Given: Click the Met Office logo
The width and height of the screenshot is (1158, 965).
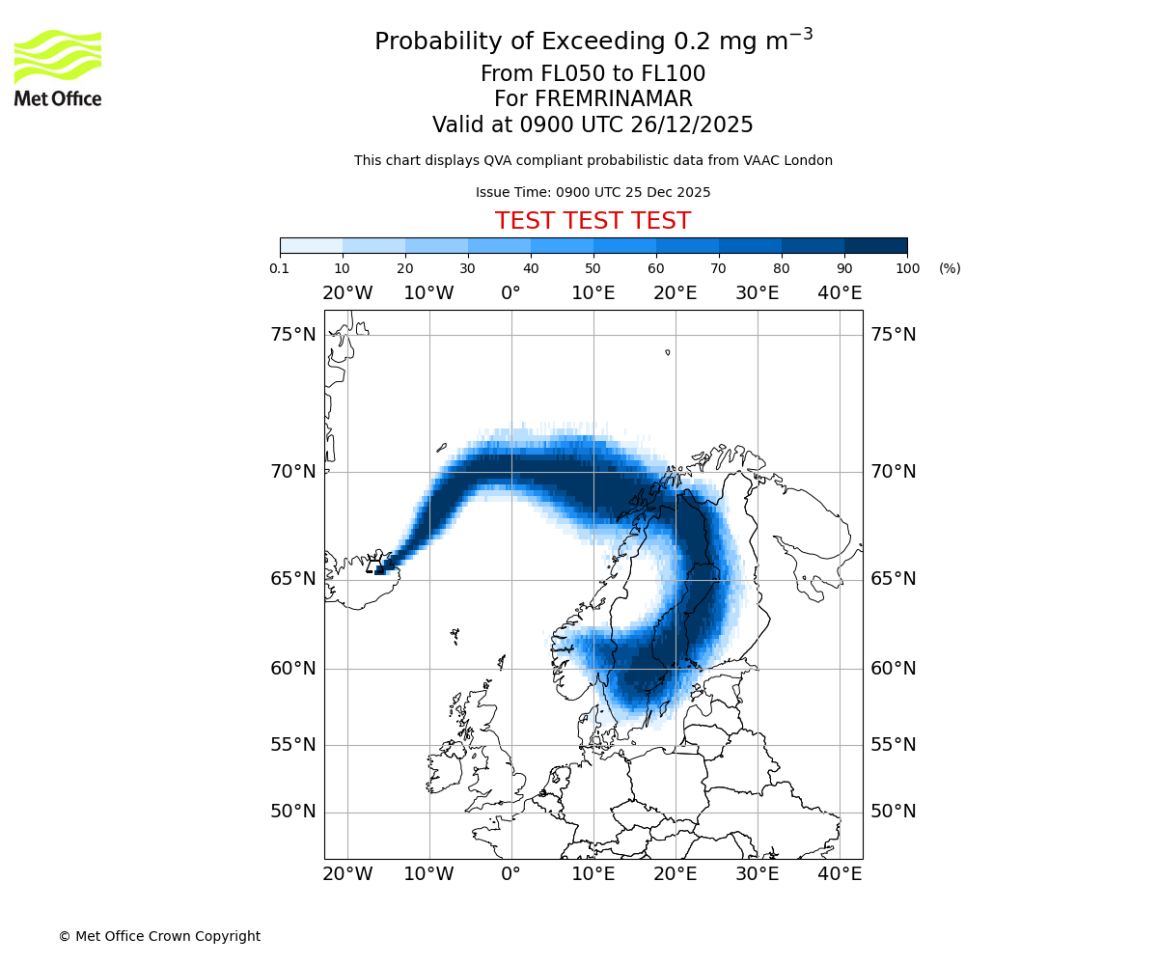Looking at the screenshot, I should coord(58,68).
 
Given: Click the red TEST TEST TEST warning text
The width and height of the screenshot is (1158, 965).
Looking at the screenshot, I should coord(593,221).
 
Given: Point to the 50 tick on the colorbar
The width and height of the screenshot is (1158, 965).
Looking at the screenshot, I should coord(593,268).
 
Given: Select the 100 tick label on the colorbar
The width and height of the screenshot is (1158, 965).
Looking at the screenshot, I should coord(907,268).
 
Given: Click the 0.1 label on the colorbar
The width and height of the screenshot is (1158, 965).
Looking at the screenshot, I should coord(280,268).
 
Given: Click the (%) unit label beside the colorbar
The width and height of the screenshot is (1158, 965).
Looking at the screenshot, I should coord(950,268).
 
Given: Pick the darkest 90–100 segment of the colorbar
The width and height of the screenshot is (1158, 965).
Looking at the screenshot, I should coord(875,245).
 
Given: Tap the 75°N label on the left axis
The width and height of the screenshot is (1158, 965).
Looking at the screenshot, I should coord(293,335).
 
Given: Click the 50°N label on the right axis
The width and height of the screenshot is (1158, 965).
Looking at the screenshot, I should coord(894,812).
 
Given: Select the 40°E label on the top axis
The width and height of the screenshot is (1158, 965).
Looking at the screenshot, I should coord(840,293).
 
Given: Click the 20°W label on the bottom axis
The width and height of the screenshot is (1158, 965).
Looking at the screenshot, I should coord(347,874).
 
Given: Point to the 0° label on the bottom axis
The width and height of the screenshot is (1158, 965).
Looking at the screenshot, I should coord(511,874).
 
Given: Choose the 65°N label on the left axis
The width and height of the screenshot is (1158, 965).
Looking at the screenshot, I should coord(293,579).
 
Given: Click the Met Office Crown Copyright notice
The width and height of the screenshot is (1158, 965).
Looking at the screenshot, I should coord(159,936).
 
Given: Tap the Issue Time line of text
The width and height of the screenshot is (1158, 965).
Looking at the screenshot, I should coord(593,192).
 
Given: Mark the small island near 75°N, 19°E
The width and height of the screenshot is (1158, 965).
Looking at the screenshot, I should coord(667,352).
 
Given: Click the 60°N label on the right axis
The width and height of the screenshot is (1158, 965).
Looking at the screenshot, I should coord(894,669).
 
